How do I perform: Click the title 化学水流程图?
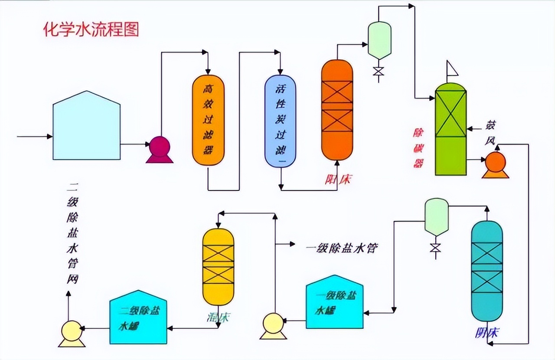(x=91, y=29)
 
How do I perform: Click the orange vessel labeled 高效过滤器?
(x=208, y=120)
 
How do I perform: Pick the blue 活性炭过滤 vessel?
(x=280, y=121)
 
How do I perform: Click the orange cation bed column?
(x=337, y=109)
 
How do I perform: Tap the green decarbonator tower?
(x=451, y=129)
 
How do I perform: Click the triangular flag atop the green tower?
(x=452, y=69)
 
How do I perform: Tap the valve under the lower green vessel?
(x=435, y=248)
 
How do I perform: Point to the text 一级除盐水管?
(x=342, y=249)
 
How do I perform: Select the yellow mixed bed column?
(x=218, y=266)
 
